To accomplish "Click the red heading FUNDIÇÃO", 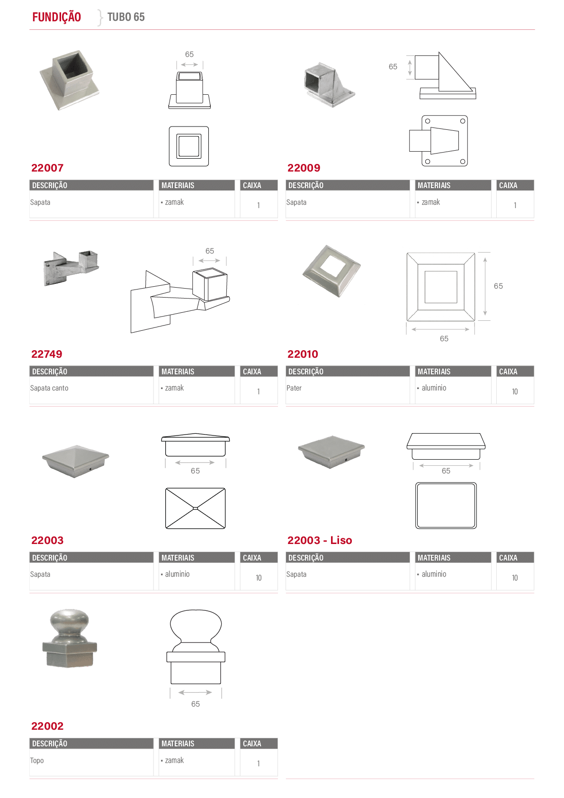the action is click(57, 17).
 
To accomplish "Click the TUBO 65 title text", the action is click(126, 17).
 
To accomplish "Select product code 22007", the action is click(47, 168).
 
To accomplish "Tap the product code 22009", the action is click(304, 168).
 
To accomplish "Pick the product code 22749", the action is click(46, 354).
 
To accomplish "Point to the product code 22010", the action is click(303, 354).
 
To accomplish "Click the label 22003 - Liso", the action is click(320, 540).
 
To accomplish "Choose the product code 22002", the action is click(47, 726).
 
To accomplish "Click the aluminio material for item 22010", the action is click(434, 388).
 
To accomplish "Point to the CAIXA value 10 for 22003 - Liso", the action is click(515, 578).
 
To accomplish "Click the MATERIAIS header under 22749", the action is click(178, 372).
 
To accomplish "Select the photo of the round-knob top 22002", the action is click(70, 638).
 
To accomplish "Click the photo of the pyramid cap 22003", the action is click(75, 461).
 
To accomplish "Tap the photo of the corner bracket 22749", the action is click(71, 268).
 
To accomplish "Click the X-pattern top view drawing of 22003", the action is click(196, 508).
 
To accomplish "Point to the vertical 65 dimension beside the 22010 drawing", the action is click(498, 286).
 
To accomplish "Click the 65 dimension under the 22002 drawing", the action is click(196, 704).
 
